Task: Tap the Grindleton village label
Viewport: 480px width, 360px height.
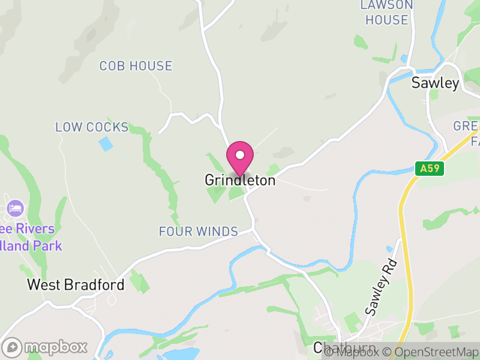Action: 240,180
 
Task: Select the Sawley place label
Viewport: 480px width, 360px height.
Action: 435,83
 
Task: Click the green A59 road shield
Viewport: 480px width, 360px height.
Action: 430,169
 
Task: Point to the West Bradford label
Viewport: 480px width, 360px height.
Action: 76,284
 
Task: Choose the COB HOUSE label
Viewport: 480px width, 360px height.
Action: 136,66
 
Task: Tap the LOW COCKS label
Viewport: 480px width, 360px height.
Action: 92,127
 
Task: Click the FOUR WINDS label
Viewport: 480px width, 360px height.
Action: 198,232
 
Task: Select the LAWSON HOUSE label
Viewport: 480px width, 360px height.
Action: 387,13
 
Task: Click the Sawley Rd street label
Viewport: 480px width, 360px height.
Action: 380,288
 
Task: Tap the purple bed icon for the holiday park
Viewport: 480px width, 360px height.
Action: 15,209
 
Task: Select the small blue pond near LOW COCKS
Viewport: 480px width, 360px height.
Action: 106,144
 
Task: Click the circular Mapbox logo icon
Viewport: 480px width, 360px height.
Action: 12,347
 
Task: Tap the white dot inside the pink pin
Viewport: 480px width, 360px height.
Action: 240,155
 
